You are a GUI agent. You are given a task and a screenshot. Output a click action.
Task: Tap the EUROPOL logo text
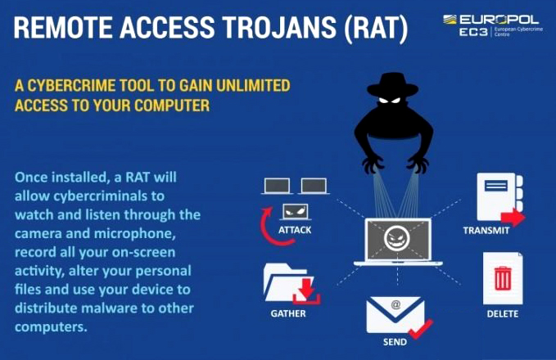pos(499,20)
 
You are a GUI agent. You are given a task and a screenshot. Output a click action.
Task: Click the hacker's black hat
pos(392,84)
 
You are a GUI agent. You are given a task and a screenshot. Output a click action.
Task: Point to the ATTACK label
pos(295,230)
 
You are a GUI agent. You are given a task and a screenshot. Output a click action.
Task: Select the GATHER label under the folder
pos(288,313)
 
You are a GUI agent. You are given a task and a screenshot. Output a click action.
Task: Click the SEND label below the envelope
pos(395,342)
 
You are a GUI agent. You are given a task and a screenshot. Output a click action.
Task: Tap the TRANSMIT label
pos(486,231)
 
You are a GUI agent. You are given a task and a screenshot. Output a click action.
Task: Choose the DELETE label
pos(503,314)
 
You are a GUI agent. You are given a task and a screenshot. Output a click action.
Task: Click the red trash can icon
pos(503,278)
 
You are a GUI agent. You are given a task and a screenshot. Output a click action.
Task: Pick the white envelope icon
pos(395,315)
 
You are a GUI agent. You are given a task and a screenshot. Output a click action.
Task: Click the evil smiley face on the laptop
pos(397,238)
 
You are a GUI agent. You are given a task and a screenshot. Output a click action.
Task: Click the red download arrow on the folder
pos(306,291)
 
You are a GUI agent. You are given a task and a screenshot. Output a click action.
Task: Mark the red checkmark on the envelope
pos(421,329)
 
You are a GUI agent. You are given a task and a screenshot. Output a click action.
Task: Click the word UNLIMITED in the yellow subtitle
pos(253,85)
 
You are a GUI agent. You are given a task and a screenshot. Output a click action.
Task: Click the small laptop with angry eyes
pos(295,212)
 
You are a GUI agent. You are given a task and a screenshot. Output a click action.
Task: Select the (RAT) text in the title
pos(376,29)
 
